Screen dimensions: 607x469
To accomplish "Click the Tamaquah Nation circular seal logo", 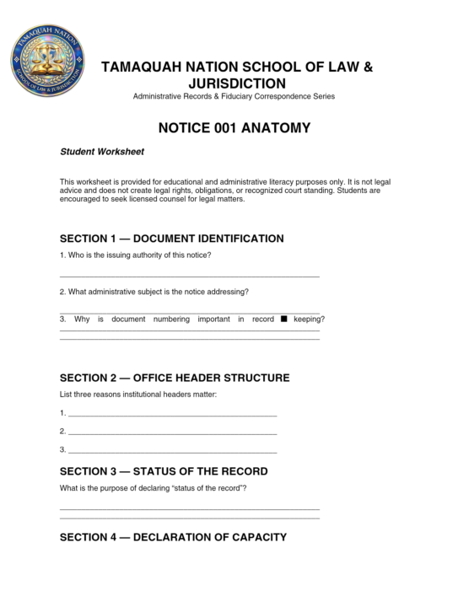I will point(47,62).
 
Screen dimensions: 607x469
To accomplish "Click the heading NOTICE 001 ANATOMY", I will point(234,128).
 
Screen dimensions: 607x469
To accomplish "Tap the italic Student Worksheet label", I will point(101,153).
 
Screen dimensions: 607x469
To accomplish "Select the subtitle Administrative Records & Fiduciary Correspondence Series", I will point(234,97).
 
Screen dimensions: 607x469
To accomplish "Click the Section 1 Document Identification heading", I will point(171,239).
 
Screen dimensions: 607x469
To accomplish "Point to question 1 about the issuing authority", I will point(135,255).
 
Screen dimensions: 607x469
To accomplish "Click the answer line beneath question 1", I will point(190,276).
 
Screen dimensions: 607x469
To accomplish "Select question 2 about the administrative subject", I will point(154,292).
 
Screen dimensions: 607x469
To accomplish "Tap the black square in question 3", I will point(284,319).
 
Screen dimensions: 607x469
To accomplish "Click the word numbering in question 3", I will point(172,320).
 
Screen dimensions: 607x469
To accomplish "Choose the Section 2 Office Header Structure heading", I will point(175,378).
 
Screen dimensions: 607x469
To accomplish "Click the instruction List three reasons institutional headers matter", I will point(138,395).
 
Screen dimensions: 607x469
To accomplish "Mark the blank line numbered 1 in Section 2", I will point(172,415).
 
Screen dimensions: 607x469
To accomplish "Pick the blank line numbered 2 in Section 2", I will point(172,432).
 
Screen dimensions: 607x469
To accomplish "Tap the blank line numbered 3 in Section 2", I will point(172,450).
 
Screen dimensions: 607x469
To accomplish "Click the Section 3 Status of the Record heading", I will point(164,471).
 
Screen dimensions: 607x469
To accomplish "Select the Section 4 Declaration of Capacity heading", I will point(173,537).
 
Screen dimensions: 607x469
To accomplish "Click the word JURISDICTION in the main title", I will point(234,83).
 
